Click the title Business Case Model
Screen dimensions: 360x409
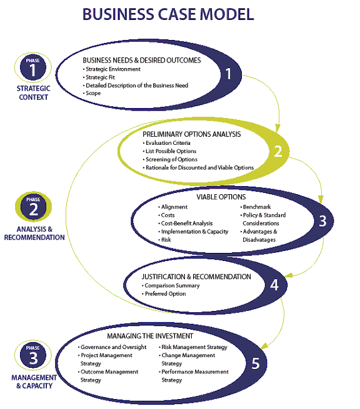[x=168, y=14]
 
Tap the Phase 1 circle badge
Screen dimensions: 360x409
[x=33, y=67]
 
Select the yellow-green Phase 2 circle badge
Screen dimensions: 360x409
[x=33, y=207]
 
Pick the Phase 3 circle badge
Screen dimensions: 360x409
[x=33, y=355]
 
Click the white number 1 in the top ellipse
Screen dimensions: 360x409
[x=228, y=74]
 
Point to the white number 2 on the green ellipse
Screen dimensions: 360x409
[x=278, y=151]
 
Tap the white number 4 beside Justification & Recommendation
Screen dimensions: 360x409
[x=274, y=285]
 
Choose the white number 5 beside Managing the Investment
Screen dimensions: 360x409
[x=256, y=363]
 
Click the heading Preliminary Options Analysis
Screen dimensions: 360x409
[x=192, y=134]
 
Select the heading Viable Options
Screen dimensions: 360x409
[x=221, y=197]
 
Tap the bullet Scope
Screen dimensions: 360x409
[x=92, y=93]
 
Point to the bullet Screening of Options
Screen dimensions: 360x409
[x=170, y=159]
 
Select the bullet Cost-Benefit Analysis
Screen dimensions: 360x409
[x=186, y=224]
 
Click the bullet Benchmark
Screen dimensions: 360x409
[x=256, y=207]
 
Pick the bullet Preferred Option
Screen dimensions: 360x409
[x=164, y=293]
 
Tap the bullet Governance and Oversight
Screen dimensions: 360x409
[x=112, y=347]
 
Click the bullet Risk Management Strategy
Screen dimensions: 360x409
[x=193, y=347]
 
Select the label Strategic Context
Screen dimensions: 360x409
[x=33, y=92]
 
